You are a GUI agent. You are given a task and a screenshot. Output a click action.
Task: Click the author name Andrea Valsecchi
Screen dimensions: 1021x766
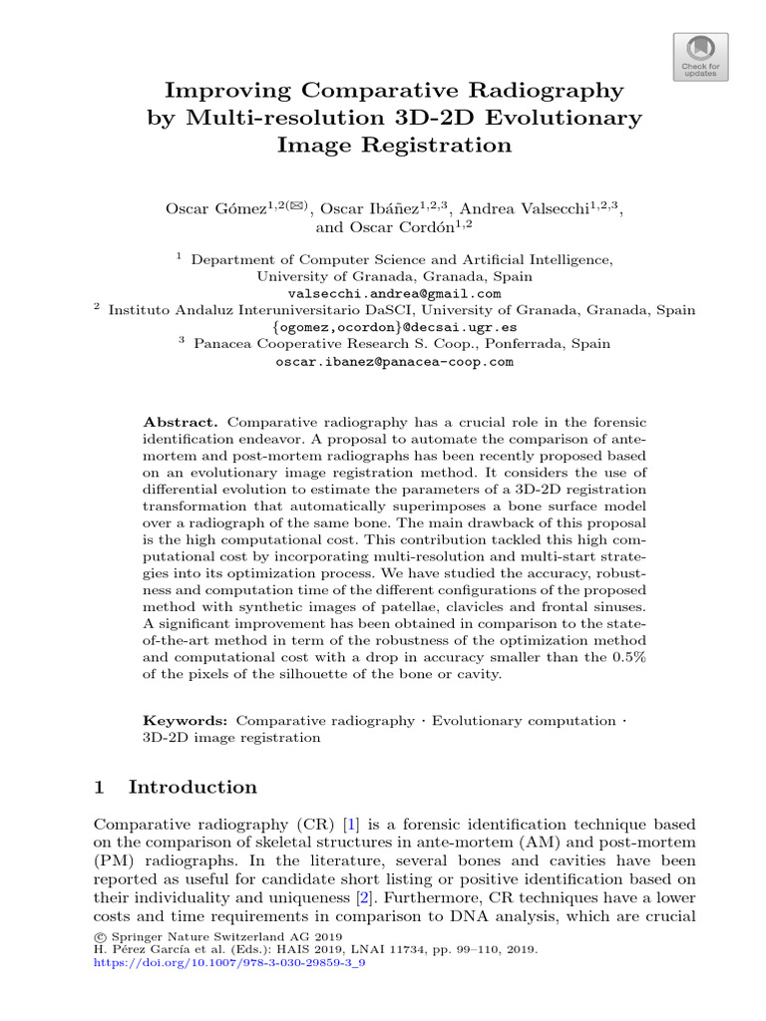coord(541,208)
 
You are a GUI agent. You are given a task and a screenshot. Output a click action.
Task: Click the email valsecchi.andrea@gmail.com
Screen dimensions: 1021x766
coord(394,294)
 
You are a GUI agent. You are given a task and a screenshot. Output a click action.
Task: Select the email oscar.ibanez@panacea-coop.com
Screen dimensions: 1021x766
coord(394,362)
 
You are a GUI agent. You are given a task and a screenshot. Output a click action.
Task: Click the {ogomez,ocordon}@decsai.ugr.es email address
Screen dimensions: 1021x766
coord(394,327)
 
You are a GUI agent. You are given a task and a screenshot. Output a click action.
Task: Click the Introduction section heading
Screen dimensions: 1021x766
coord(192,788)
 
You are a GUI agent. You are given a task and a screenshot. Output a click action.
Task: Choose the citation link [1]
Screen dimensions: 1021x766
coord(350,825)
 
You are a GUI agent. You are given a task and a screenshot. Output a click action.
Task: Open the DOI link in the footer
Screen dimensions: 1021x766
coord(229,964)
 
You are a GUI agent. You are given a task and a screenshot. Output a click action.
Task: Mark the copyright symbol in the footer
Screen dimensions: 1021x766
coord(100,937)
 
